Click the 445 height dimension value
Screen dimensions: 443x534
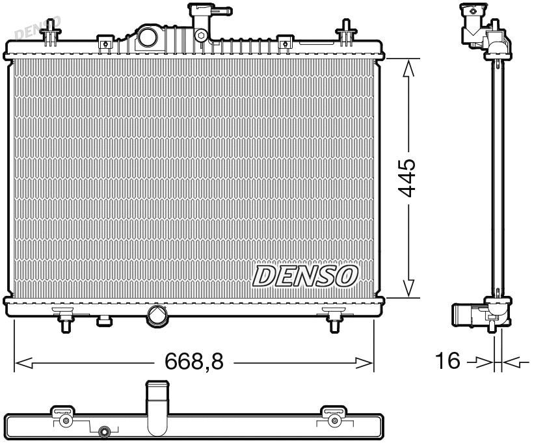[408, 177]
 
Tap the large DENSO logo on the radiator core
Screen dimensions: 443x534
[305, 276]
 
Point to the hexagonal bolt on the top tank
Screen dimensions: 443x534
[202, 36]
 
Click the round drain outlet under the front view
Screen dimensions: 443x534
[158, 315]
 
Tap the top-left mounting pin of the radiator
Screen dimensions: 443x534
[49, 33]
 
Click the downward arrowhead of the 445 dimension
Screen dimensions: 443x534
[408, 288]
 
